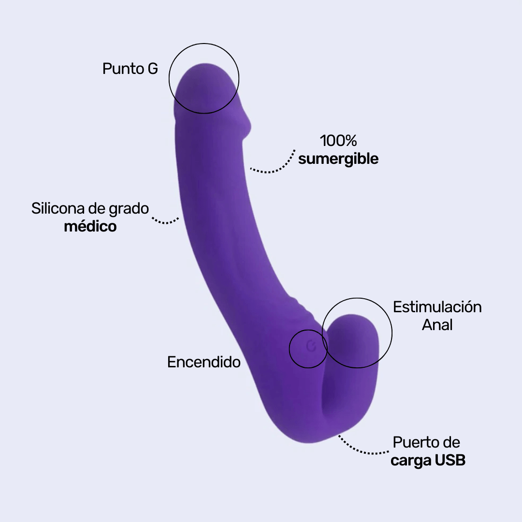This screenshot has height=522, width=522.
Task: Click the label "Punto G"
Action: coord(130,69)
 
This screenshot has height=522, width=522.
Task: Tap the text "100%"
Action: coord(338,141)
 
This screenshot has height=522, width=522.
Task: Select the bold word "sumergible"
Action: coord(338,159)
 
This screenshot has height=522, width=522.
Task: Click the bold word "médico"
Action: coord(90,226)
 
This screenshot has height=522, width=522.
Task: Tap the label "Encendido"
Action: coord(203,362)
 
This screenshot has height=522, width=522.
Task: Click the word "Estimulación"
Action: coord(437,307)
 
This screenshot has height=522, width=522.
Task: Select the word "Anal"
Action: coord(437,325)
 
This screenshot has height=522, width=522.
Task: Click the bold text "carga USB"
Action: coord(428,460)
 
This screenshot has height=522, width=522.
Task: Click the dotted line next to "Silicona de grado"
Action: coord(166,221)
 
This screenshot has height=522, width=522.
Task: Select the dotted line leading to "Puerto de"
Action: coord(362,449)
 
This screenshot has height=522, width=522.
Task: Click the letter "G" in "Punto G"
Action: coord(152,69)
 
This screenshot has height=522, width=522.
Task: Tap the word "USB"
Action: coord(449,460)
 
